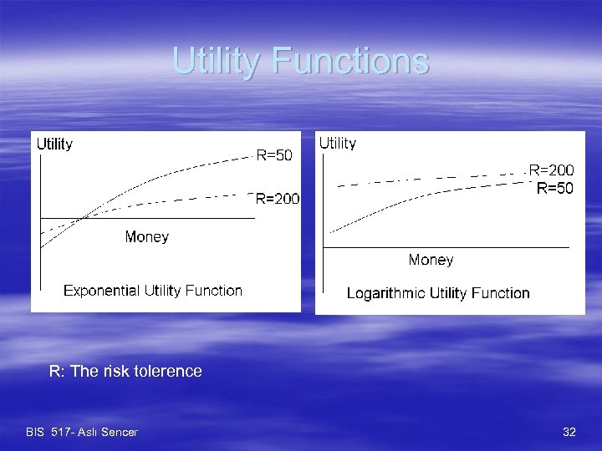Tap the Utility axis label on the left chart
click(54, 144)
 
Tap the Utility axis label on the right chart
click(338, 144)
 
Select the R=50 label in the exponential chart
click(274, 155)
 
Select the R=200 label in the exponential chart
click(278, 199)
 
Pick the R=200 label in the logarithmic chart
click(552, 170)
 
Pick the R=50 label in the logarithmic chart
click(555, 189)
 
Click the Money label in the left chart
click(146, 237)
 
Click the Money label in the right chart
click(431, 260)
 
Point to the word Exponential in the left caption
click(100, 291)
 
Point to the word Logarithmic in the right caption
click(385, 293)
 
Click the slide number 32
click(569, 432)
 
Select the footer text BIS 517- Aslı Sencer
click(82, 432)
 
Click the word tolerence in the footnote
click(171, 371)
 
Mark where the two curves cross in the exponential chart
click(80, 219)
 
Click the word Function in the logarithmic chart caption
click(501, 293)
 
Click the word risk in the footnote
click(120, 371)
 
